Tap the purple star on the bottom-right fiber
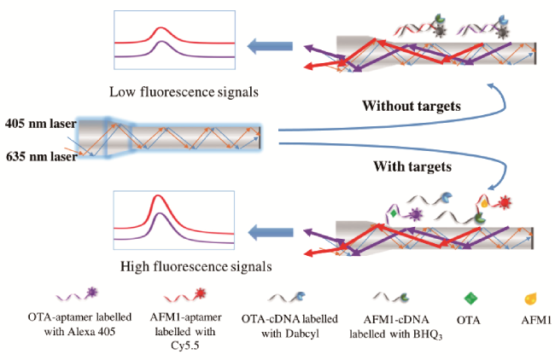tap(417, 208)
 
